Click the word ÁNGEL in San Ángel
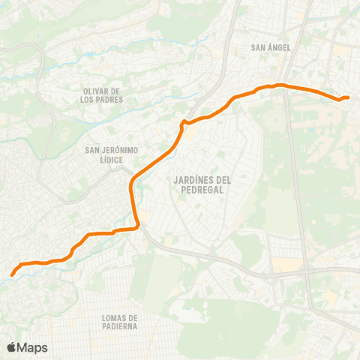click(x=280, y=48)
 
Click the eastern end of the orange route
click(x=349, y=97)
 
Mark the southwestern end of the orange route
click(x=13, y=274)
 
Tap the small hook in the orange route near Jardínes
click(x=181, y=121)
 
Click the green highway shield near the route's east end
click(x=327, y=96)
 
